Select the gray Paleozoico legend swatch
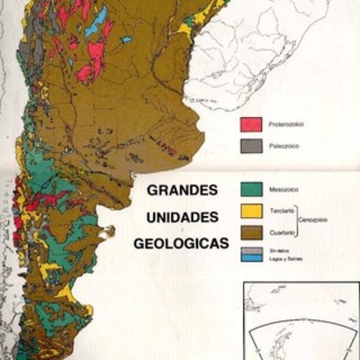(x=251, y=144)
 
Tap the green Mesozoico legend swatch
(x=251, y=190)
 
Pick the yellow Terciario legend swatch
(x=251, y=210)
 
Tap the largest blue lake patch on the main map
(x=101, y=16)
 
